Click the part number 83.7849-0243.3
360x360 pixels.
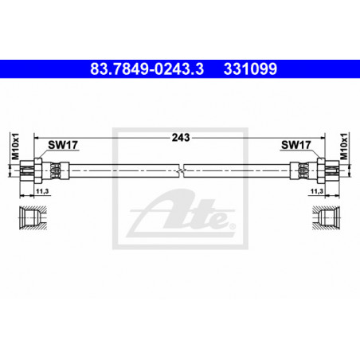[147, 68]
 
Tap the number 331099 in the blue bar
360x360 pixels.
[250, 68]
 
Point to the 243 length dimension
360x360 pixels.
[181, 138]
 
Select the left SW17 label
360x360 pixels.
[63, 145]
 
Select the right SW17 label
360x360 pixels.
[295, 145]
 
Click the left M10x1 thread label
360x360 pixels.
[16, 147]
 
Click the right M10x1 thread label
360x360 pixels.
[344, 147]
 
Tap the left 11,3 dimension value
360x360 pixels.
[42, 191]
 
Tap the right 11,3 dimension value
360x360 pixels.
[317, 191]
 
